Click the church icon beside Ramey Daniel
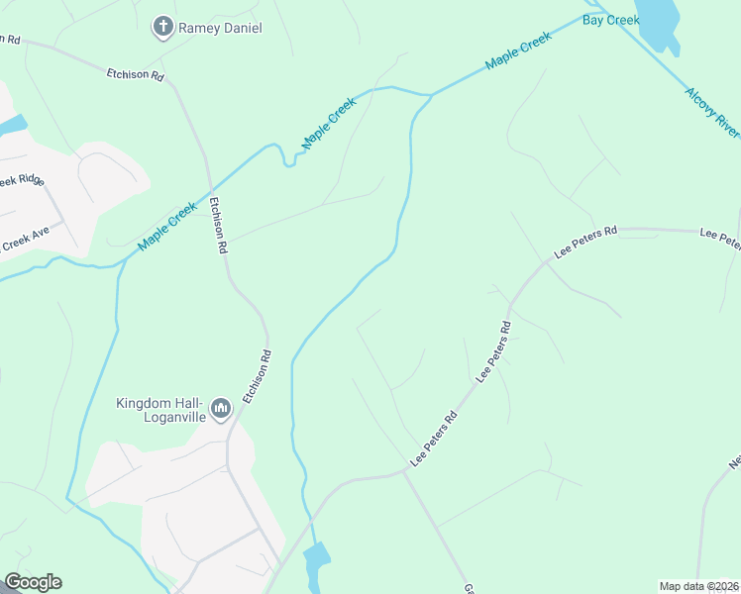tap(163, 28)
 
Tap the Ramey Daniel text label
tap(220, 29)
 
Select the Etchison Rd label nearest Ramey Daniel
tap(136, 75)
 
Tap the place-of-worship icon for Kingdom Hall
tap(221, 408)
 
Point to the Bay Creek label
tap(611, 20)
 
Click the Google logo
tap(33, 582)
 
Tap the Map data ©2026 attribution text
tap(698, 586)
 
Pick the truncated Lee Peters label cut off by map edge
tap(720, 238)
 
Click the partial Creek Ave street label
tap(24, 240)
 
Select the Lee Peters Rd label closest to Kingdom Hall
tap(433, 440)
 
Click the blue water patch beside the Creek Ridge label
tap(12, 126)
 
